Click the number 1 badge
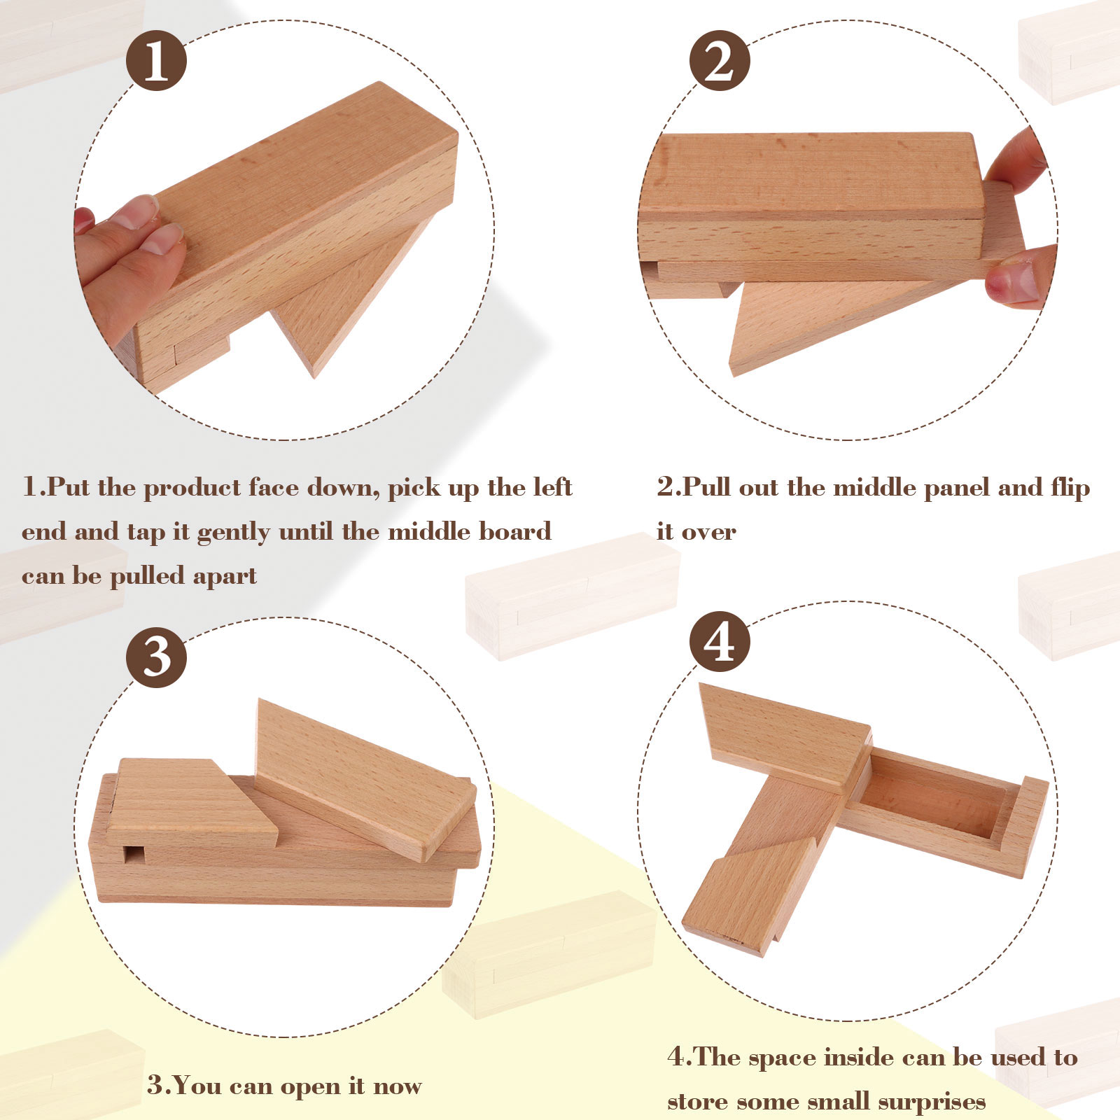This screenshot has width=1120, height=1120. pos(156,60)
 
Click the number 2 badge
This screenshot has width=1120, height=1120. pos(720,60)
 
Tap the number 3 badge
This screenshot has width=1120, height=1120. pos(156,657)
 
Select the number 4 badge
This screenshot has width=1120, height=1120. pos(720,641)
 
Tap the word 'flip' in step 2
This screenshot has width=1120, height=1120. pos(1070,487)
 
